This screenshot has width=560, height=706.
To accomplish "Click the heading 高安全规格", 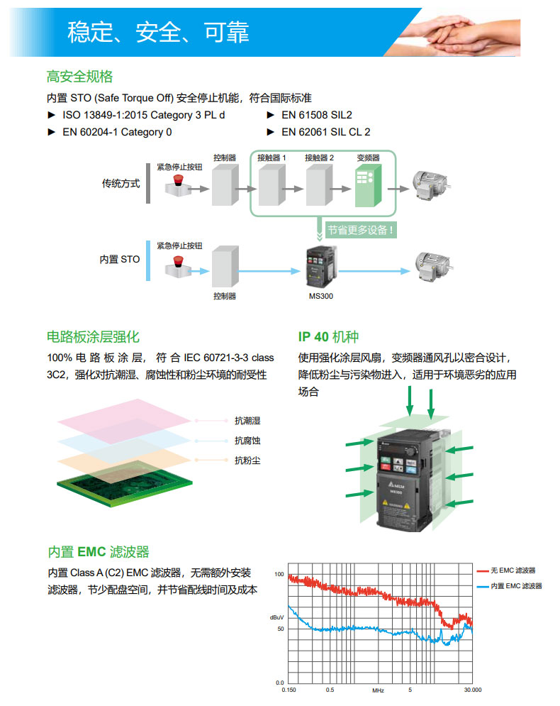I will (79, 77).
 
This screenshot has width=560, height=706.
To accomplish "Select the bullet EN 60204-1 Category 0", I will (117, 132).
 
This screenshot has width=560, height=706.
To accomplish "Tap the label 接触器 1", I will (271, 158).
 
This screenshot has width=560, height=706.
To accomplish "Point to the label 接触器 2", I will (318, 158).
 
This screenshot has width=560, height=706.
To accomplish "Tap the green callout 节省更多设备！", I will (360, 230).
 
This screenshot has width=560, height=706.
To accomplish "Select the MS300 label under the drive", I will (321, 296).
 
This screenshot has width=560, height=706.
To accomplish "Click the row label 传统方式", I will (121, 184).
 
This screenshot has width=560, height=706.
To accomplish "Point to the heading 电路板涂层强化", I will (93, 337).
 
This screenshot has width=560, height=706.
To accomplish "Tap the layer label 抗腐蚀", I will (247, 441).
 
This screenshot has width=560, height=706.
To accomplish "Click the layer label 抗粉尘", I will (247, 460).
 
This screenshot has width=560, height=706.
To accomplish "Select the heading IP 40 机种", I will (333, 337).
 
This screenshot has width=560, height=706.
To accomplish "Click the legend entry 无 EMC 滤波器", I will (513, 570).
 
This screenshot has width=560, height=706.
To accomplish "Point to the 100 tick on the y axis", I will (279, 574).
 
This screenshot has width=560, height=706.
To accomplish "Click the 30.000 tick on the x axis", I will (472, 689).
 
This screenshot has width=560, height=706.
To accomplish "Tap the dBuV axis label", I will (276, 617).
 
